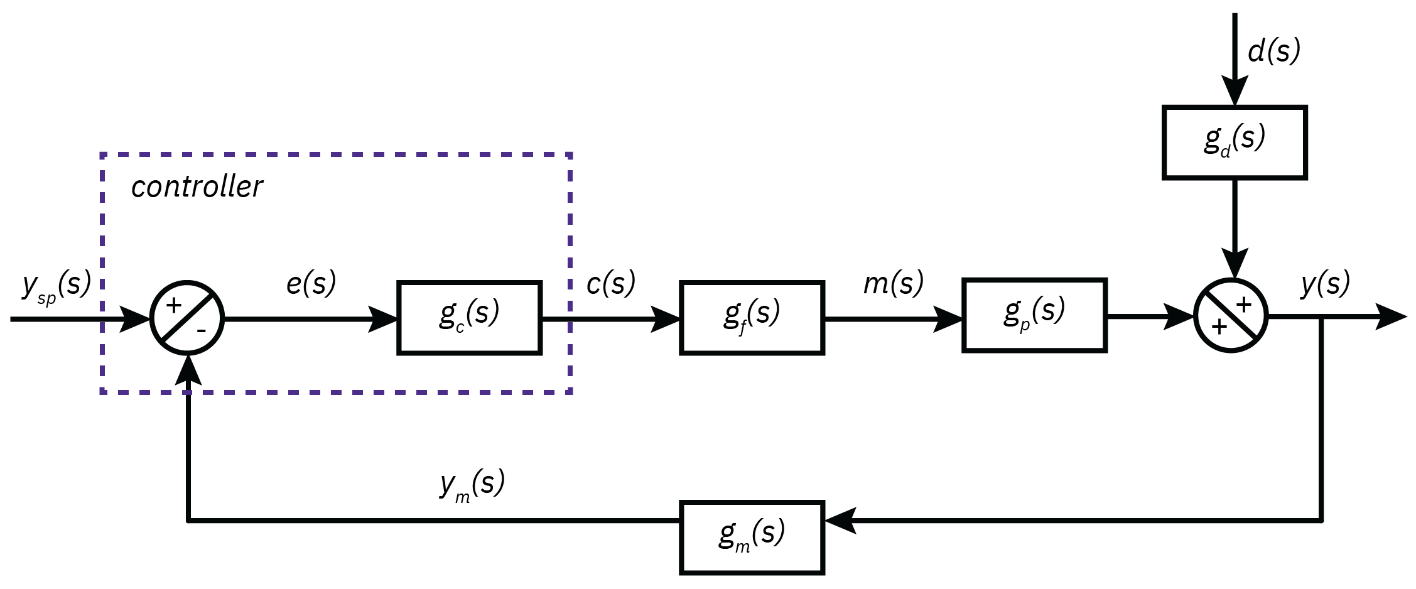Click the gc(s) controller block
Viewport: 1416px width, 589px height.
(x=469, y=318)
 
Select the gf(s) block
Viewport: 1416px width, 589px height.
(x=752, y=318)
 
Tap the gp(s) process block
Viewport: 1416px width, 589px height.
(x=1034, y=315)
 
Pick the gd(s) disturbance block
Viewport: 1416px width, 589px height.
(x=1235, y=143)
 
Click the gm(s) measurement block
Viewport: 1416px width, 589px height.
(x=752, y=538)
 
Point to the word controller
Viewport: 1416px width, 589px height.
(x=197, y=186)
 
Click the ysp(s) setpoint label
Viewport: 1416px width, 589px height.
(x=57, y=286)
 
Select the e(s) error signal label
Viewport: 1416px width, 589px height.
(x=311, y=283)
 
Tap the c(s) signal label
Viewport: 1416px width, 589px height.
(x=610, y=283)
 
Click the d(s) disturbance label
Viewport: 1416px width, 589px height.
(x=1273, y=50)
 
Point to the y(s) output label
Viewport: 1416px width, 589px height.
(x=1325, y=283)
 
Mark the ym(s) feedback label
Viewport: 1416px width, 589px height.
(x=472, y=485)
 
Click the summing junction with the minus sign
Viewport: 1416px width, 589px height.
(x=187, y=318)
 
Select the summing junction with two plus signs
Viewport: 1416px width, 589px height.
(x=1231, y=315)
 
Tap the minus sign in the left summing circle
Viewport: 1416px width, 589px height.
(x=202, y=331)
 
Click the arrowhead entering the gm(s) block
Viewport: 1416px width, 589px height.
(x=840, y=521)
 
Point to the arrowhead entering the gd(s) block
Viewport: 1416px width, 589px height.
(x=1235, y=92)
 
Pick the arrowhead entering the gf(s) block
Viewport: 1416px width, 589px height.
(x=666, y=319)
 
